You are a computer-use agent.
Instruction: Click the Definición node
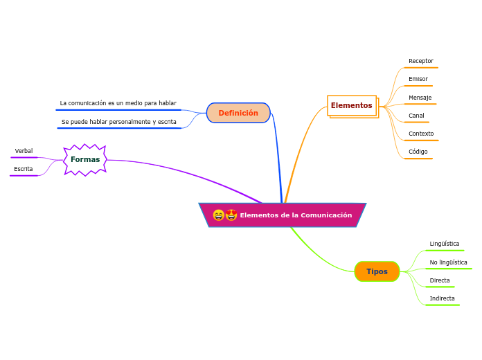click(238, 113)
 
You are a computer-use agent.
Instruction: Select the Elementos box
click(352, 105)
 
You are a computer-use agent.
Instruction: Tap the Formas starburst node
click(85, 160)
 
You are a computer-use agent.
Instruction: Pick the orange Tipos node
click(377, 271)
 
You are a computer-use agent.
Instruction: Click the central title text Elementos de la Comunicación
click(296, 215)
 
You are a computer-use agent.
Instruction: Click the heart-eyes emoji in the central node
click(231, 215)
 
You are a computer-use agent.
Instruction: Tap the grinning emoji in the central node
click(219, 215)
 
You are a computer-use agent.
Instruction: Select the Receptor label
click(420, 61)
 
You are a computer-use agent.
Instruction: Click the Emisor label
click(418, 79)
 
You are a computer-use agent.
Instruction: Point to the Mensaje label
click(420, 98)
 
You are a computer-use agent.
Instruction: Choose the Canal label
click(416, 116)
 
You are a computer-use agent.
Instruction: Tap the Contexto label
click(421, 134)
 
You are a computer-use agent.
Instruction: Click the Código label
click(418, 152)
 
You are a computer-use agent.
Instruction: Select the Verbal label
click(24, 151)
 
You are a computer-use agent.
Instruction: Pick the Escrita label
click(24, 169)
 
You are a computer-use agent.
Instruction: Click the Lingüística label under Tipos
click(444, 244)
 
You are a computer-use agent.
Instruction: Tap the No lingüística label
click(448, 262)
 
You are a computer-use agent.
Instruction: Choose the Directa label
click(440, 280)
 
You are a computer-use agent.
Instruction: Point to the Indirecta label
click(442, 298)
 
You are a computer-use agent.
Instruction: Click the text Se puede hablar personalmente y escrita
click(118, 122)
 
